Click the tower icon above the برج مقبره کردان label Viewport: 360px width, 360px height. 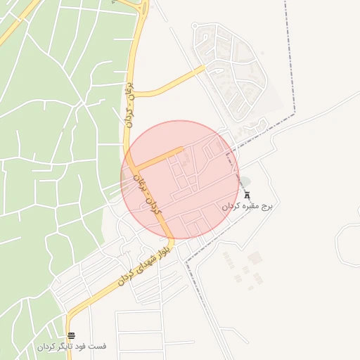[247, 195]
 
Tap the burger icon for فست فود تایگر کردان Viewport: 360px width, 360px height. [71, 336]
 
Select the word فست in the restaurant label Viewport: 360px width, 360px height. [98, 347]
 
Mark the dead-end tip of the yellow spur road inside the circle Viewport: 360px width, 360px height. [183, 149]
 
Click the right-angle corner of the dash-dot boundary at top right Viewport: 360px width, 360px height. [295, 112]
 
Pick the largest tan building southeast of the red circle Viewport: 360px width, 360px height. [255, 258]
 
